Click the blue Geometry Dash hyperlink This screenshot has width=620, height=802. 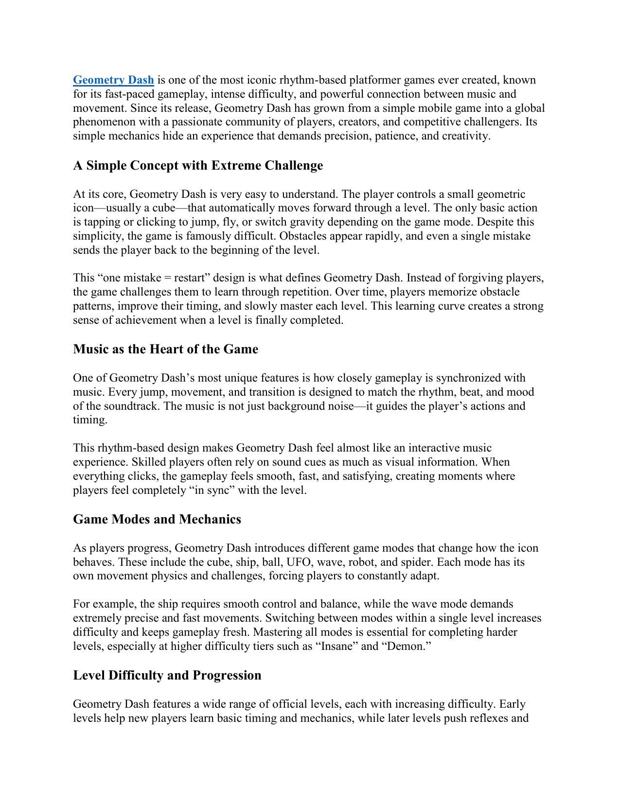(113, 80)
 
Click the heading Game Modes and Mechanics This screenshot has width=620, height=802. (157, 520)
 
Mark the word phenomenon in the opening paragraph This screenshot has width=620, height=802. (103, 122)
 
